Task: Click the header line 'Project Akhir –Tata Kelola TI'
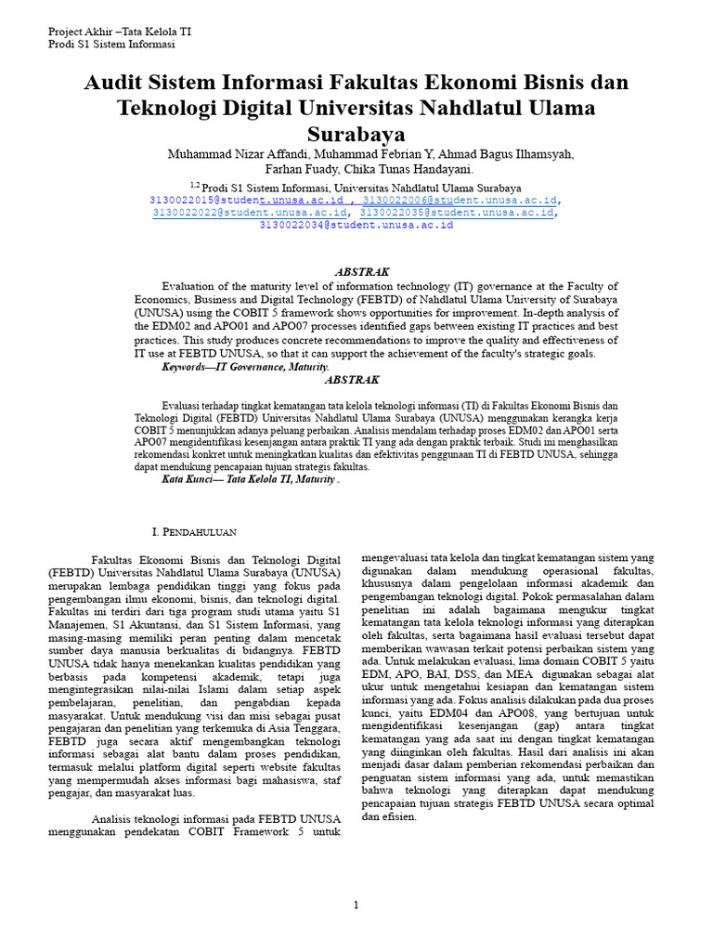120,31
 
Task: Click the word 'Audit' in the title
117,83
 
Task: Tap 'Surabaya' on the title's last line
356,135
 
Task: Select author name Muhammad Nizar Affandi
237,154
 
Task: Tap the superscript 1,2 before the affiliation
195,185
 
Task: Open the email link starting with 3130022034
356,225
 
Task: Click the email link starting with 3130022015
251,200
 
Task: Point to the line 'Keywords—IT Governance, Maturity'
246,368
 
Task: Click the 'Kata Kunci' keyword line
251,480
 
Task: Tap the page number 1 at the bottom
356,905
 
